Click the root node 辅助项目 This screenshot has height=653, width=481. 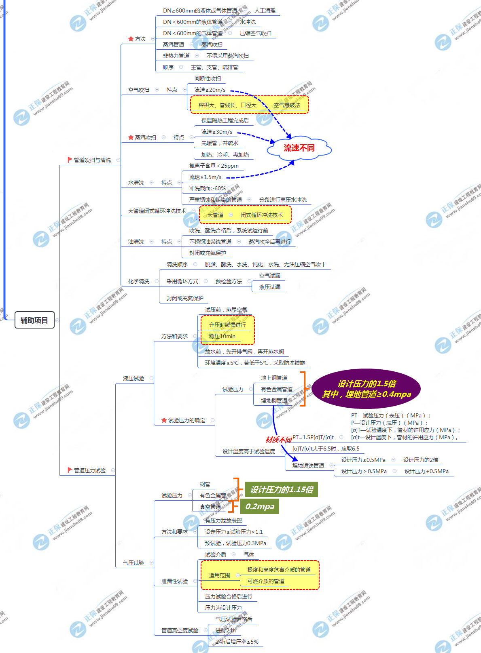pyautogui.click(x=34, y=320)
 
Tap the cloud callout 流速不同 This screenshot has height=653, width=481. pyautogui.click(x=299, y=148)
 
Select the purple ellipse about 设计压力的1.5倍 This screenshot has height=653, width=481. pyautogui.click(x=366, y=389)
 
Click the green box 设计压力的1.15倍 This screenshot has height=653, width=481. pyautogui.click(x=282, y=490)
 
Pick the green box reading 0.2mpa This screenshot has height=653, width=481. pyautogui.click(x=260, y=506)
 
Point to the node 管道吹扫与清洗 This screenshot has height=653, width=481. pyautogui.click(x=92, y=160)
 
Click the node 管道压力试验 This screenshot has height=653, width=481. pyautogui.click(x=89, y=470)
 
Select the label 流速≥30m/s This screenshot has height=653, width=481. pyautogui.click(x=217, y=132)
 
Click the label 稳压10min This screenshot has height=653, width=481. pyautogui.click(x=222, y=336)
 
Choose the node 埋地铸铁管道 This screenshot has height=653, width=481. pyautogui.click(x=308, y=466)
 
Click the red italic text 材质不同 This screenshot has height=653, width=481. pyautogui.click(x=279, y=440)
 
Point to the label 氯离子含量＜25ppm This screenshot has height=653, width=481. pyautogui.click(x=214, y=166)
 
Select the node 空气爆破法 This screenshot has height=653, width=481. pyautogui.click(x=287, y=105)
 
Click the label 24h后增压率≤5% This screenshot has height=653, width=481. pyautogui.click(x=237, y=642)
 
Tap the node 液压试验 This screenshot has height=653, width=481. pyautogui.click(x=133, y=378)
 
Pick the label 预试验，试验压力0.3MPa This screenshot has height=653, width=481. pyautogui.click(x=235, y=543)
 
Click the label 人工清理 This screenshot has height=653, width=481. pyautogui.click(x=265, y=11)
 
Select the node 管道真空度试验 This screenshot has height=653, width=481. pyautogui.click(x=180, y=630)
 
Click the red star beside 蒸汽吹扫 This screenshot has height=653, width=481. pyautogui.click(x=131, y=137)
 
